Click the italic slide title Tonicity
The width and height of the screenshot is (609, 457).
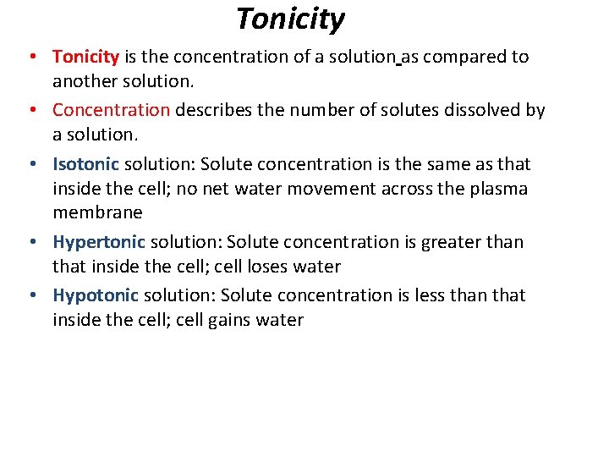[x=290, y=19]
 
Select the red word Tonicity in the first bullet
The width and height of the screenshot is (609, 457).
[x=85, y=57]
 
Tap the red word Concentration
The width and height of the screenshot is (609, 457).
[x=111, y=110]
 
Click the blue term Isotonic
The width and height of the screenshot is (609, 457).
[x=85, y=163]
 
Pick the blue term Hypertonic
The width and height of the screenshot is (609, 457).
[x=98, y=242]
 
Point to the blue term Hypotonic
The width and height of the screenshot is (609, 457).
[x=96, y=295]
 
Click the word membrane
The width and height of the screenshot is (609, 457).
[x=97, y=212]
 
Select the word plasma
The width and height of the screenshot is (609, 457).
[x=499, y=189]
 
